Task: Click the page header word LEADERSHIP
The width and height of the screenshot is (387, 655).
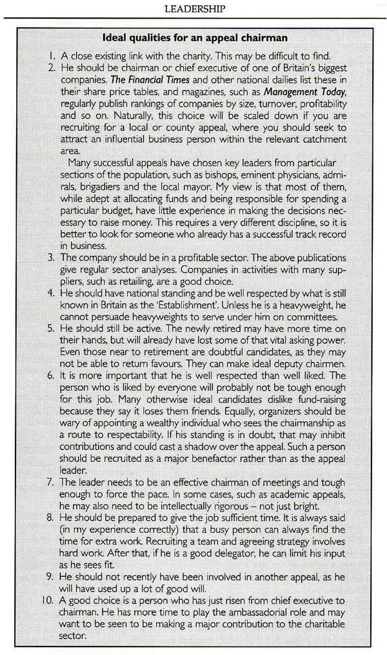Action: (194, 8)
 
